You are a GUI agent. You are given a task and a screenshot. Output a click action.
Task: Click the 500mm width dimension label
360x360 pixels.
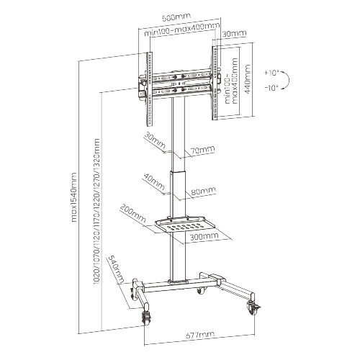tap(176, 17)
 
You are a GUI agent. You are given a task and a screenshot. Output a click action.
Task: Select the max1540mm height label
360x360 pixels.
tap(74, 197)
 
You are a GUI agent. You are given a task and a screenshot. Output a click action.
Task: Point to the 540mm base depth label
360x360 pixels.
tap(117, 269)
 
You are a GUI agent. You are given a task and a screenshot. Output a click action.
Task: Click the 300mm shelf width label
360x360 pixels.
tap(204, 236)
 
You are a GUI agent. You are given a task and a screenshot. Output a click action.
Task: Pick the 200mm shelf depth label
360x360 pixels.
tap(132, 213)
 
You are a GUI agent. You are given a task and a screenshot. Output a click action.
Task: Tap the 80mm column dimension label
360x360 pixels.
tap(204, 191)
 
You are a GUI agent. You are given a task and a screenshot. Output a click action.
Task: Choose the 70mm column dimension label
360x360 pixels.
tap(203, 150)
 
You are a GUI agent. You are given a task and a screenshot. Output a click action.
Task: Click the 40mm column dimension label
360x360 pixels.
tap(154, 181)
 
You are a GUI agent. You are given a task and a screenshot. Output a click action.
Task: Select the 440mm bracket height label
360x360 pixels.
tap(247, 79)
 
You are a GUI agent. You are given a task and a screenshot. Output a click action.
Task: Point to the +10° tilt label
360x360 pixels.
tap(271, 73)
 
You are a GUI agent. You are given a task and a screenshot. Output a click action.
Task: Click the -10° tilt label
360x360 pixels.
tap(271, 88)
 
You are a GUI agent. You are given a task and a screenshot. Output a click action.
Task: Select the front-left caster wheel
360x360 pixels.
tap(146, 318)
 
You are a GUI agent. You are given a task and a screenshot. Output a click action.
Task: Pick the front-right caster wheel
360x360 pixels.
tap(252, 308)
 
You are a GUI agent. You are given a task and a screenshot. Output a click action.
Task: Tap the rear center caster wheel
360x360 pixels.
tap(200, 291)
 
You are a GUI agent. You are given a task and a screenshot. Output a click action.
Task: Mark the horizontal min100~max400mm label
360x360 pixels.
tap(182, 30)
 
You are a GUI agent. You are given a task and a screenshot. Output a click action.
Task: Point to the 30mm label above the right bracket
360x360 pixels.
tap(234, 34)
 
